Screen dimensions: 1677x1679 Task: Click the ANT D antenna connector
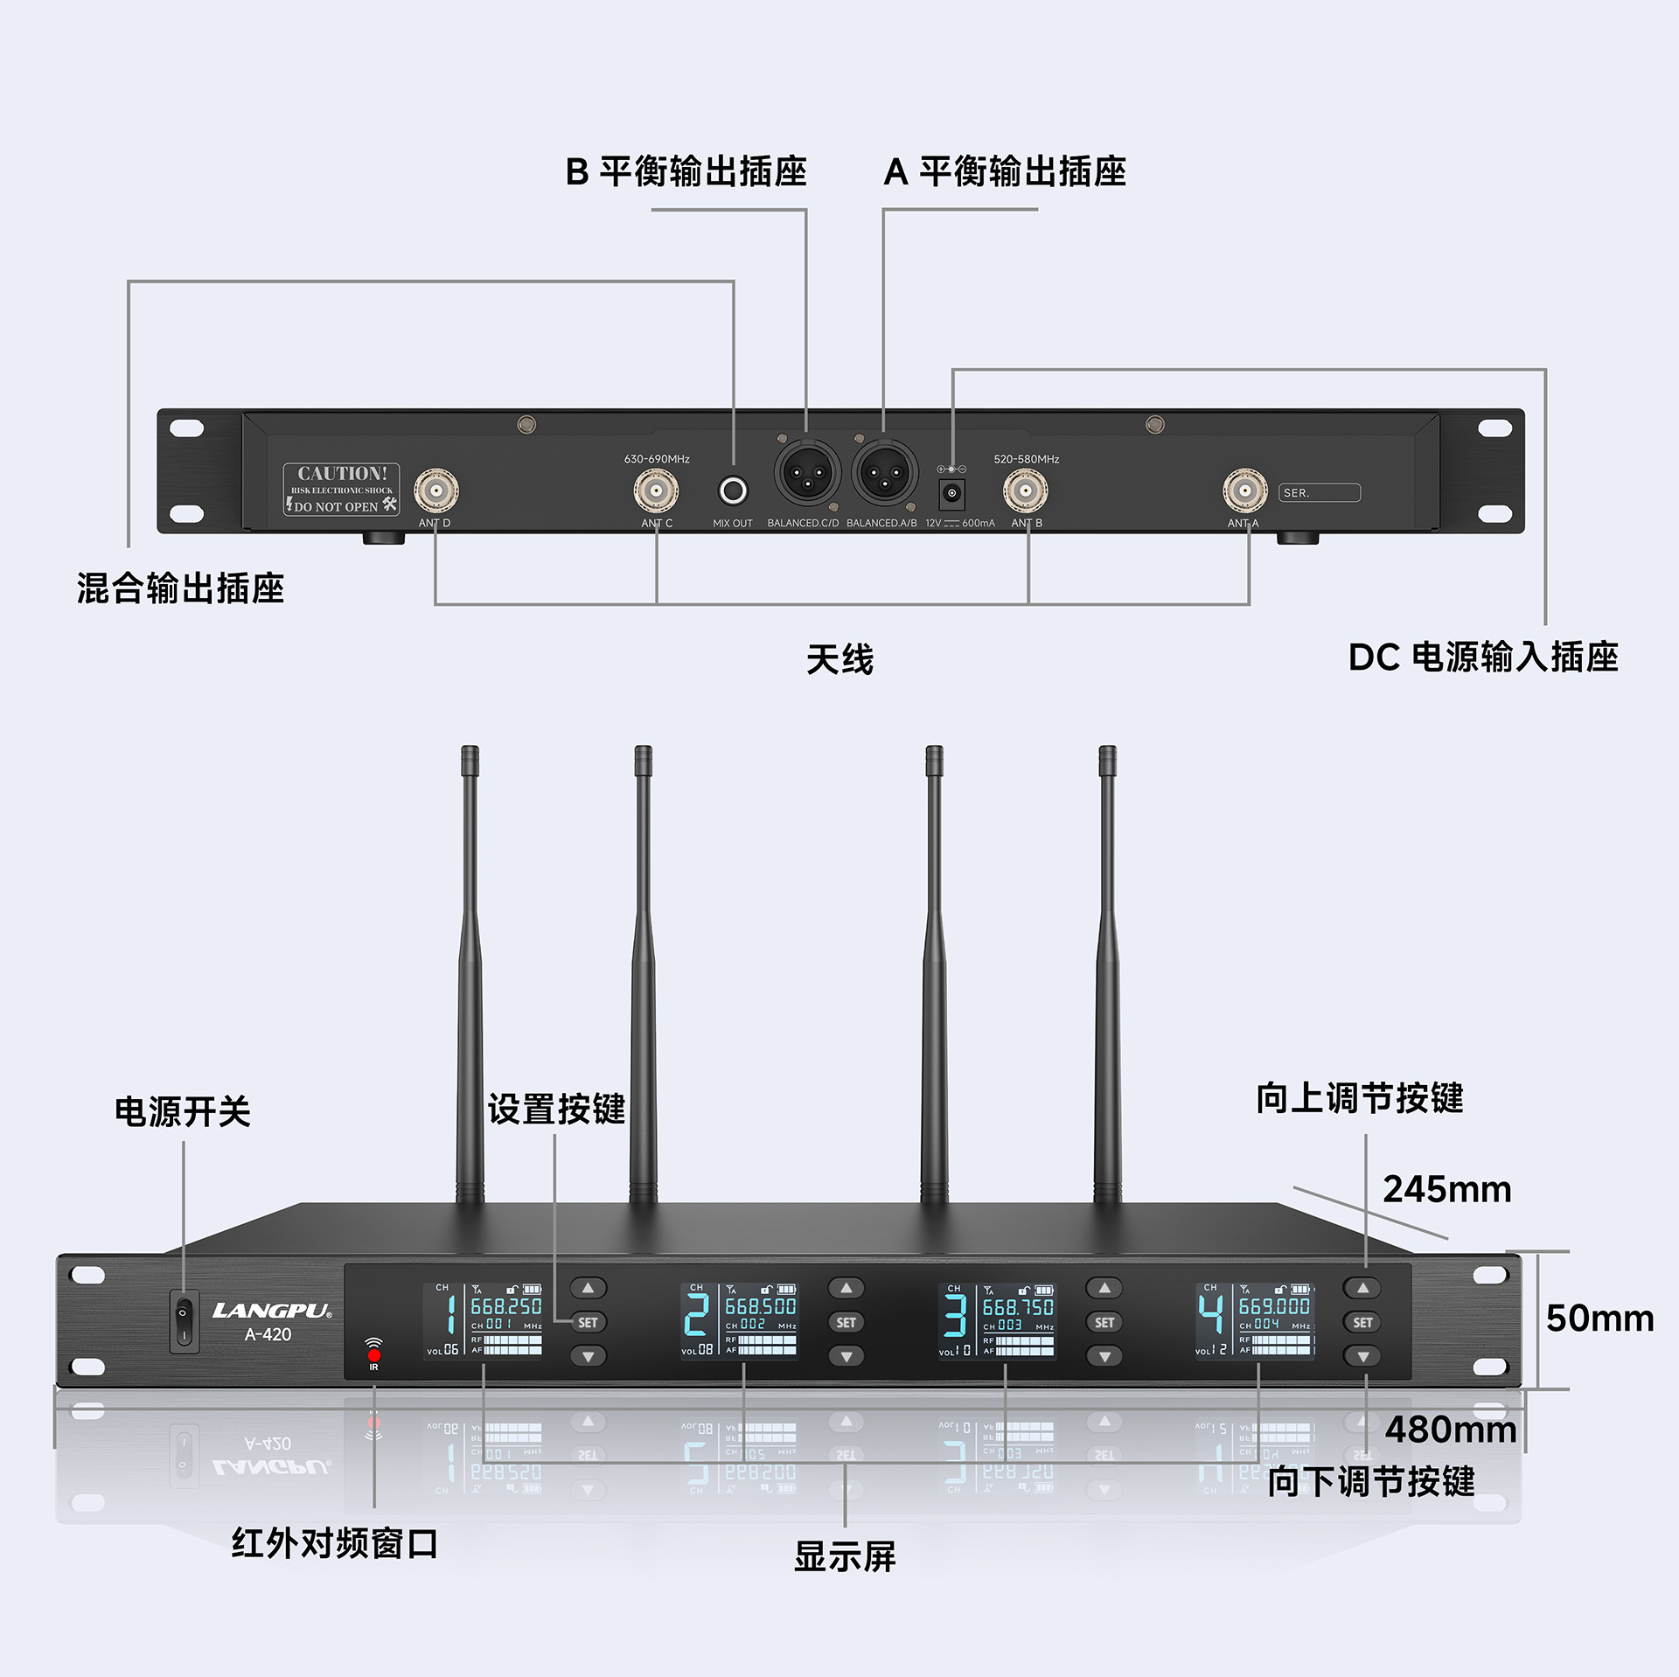(435, 491)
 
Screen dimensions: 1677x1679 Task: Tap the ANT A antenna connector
(1244, 491)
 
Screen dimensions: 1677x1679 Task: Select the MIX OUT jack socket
(733, 491)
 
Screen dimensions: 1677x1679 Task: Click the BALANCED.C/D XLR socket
(806, 472)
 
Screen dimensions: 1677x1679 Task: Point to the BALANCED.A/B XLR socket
(884, 472)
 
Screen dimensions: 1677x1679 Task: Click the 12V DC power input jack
(951, 493)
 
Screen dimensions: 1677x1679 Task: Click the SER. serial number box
(1319, 493)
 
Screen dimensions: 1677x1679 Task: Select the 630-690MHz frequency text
(657, 459)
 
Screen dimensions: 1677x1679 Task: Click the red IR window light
(374, 1355)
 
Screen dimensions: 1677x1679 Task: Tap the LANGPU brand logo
(271, 1311)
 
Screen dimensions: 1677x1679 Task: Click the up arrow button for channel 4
(1362, 1288)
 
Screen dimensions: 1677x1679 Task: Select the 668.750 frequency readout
(1018, 1307)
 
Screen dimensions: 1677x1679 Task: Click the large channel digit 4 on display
(1210, 1314)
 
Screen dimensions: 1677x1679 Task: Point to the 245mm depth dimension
(1446, 1190)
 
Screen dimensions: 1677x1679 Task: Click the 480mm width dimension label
(1450, 1430)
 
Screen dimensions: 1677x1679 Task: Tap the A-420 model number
(268, 1335)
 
